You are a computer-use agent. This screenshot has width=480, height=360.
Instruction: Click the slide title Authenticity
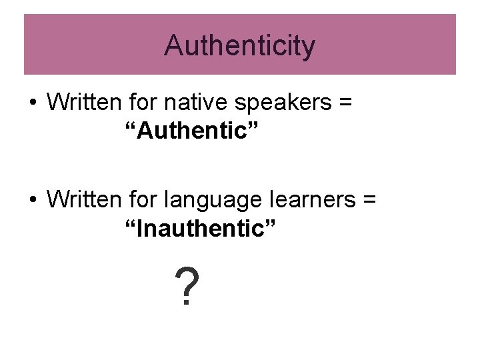coord(240,46)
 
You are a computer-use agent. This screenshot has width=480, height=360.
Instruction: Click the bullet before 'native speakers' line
coord(32,105)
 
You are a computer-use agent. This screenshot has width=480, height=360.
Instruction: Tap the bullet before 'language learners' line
coord(32,200)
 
